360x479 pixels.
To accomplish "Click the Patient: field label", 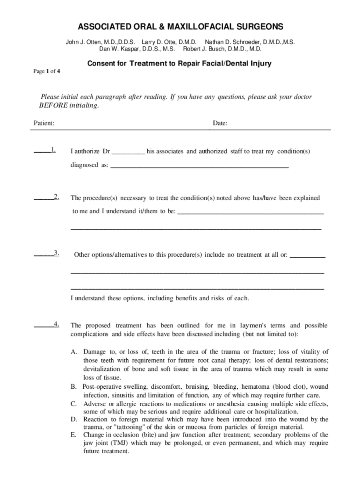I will (x=44, y=123).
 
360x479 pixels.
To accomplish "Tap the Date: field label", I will (x=220, y=123).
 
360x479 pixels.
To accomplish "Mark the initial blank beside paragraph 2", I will (x=43, y=197).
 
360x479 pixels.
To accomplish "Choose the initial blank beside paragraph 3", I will (x=43, y=254).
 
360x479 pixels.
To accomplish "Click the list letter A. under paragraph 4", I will (x=74, y=352).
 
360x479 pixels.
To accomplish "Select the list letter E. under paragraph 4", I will (x=74, y=435).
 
